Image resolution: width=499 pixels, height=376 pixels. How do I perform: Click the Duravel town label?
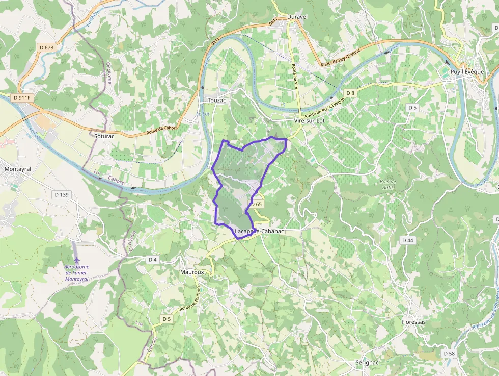click(x=297, y=17)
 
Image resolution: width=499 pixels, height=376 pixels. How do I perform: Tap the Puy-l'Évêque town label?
click(x=466, y=72)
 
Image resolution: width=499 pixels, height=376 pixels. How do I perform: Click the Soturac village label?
click(x=104, y=136)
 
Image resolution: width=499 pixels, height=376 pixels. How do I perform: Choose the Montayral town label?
click(x=17, y=168)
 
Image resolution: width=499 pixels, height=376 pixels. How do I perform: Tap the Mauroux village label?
click(x=192, y=272)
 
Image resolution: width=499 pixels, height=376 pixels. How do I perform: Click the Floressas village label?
click(x=413, y=322)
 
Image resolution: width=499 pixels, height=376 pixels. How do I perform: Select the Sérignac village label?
click(x=367, y=362)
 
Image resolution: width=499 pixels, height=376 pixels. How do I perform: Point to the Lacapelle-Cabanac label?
click(x=259, y=231)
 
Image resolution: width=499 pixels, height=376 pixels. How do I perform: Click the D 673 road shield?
click(x=46, y=47)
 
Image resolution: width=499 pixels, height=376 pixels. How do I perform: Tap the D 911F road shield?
click(x=22, y=97)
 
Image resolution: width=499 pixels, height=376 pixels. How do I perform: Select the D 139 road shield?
click(x=62, y=194)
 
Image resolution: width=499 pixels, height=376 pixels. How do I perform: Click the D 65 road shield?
click(x=256, y=204)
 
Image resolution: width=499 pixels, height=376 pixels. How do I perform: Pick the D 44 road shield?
click(x=407, y=240)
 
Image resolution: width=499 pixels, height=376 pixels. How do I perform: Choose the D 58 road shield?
click(x=449, y=353)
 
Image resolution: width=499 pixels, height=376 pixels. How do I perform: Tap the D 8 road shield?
click(x=350, y=93)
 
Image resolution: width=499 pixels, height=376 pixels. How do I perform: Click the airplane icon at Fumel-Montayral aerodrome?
click(x=77, y=260)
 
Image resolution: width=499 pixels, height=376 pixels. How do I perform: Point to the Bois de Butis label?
click(x=388, y=184)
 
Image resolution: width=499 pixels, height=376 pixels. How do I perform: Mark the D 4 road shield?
click(x=152, y=260)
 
